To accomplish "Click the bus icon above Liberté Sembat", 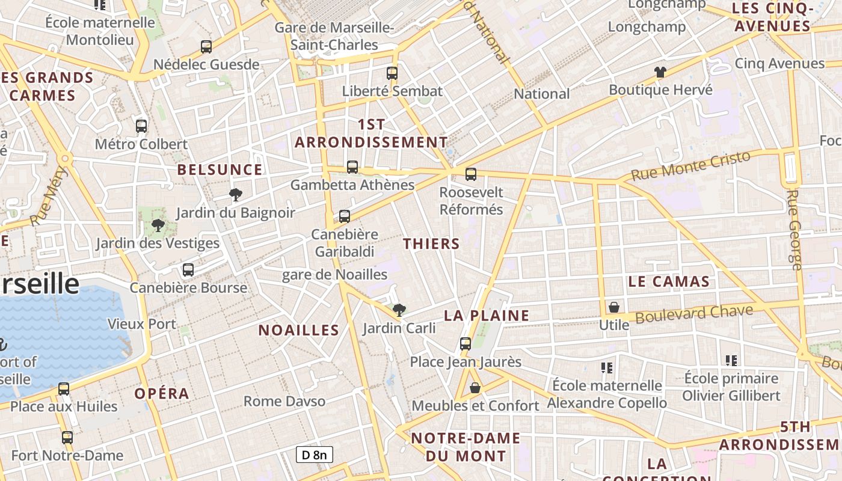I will coord(392,73).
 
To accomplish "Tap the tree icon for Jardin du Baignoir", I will coord(236,194).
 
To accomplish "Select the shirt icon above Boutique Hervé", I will coord(660,72).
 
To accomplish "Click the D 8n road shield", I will coord(314,455).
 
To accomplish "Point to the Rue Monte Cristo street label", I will coord(691,166).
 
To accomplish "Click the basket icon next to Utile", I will coord(614,307).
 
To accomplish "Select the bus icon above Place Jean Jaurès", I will coord(466,344).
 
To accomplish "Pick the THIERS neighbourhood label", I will coord(431,244).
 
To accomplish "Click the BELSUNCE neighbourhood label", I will coord(220,170).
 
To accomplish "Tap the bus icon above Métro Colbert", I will coord(141,126).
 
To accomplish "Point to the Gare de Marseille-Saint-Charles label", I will coord(334,36).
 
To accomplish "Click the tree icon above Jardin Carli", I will coord(399,310).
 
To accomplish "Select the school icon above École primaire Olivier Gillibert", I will coord(731,361).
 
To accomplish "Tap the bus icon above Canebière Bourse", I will coord(188,270).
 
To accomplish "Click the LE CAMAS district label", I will coord(669,281).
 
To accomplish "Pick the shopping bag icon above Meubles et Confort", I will coord(475,388).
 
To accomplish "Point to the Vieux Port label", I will coord(141,324).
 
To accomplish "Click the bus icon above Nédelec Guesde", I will coord(206,46).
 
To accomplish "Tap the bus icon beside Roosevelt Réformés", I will coord(471,174).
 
